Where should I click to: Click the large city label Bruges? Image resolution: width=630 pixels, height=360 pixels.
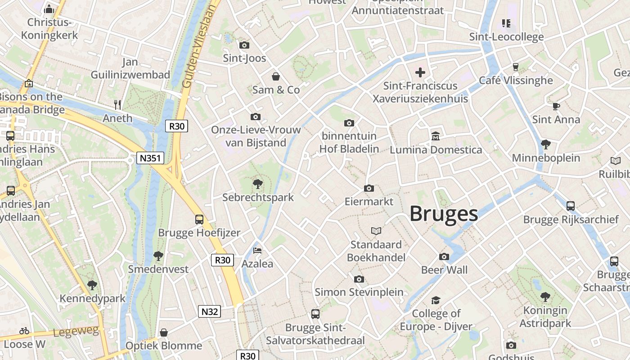click(x=444, y=214)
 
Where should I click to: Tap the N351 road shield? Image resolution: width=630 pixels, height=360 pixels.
click(x=150, y=158)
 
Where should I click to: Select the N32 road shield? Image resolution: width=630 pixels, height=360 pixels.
click(x=210, y=311)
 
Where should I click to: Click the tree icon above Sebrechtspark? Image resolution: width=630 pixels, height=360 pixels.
click(x=258, y=184)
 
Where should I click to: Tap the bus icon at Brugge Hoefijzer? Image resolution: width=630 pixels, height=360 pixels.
click(x=199, y=220)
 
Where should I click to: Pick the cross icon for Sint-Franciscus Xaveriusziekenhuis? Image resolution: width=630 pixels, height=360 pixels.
click(x=420, y=72)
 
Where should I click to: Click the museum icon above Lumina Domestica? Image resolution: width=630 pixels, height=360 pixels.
click(x=436, y=136)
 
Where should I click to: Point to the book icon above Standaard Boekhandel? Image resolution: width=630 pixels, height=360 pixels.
click(x=376, y=231)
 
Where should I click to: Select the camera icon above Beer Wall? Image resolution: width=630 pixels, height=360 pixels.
click(x=444, y=256)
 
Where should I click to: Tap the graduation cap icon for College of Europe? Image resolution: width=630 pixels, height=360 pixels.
click(x=436, y=300)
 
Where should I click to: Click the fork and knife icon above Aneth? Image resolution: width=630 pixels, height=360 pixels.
click(x=118, y=105)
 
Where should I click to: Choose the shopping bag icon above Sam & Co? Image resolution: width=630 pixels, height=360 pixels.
click(x=276, y=76)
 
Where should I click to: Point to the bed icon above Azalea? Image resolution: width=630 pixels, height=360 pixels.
click(x=257, y=250)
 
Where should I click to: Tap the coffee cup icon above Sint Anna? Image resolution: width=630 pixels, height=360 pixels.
click(x=556, y=106)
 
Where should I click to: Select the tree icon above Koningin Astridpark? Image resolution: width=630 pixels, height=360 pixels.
click(x=545, y=297)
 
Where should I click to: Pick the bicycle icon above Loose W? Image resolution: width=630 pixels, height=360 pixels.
click(x=24, y=331)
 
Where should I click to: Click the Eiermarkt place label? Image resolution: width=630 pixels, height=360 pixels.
click(x=369, y=201)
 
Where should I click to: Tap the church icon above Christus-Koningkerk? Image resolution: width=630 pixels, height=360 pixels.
click(x=49, y=9)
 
